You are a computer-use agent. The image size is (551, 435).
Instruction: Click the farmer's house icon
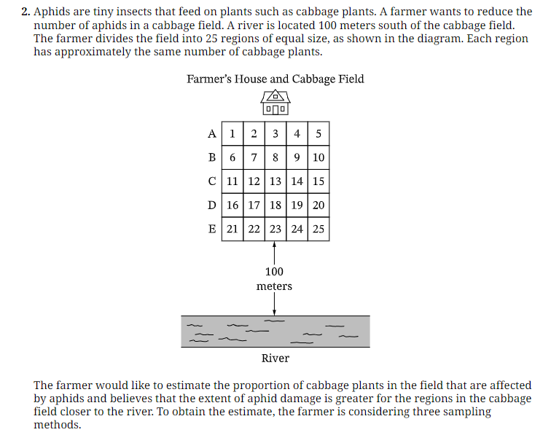click(275, 102)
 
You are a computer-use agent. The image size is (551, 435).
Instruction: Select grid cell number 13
click(275, 181)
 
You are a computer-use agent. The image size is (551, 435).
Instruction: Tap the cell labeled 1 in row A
click(232, 133)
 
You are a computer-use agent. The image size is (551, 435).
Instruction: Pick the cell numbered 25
click(319, 229)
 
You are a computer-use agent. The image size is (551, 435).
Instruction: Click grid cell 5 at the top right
click(319, 133)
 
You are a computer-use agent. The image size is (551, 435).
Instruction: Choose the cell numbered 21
click(232, 229)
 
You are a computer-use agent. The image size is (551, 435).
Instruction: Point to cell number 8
click(275, 157)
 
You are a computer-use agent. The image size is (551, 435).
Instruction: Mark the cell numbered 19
click(297, 205)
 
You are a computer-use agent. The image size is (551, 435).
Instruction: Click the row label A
click(212, 134)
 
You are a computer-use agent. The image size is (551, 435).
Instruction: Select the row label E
click(212, 229)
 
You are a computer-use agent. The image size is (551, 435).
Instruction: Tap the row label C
click(212, 181)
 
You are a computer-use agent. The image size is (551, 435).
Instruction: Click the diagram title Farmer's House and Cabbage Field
click(275, 79)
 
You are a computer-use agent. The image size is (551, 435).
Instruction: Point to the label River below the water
click(275, 358)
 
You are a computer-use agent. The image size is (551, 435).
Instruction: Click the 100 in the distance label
click(274, 272)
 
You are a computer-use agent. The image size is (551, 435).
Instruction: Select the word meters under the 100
click(274, 286)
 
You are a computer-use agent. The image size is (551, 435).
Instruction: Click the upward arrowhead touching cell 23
click(275, 244)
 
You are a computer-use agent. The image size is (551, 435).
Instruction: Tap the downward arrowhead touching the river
click(275, 313)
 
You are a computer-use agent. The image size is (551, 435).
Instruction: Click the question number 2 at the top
click(26, 12)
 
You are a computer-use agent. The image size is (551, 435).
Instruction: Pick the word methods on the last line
click(58, 425)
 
